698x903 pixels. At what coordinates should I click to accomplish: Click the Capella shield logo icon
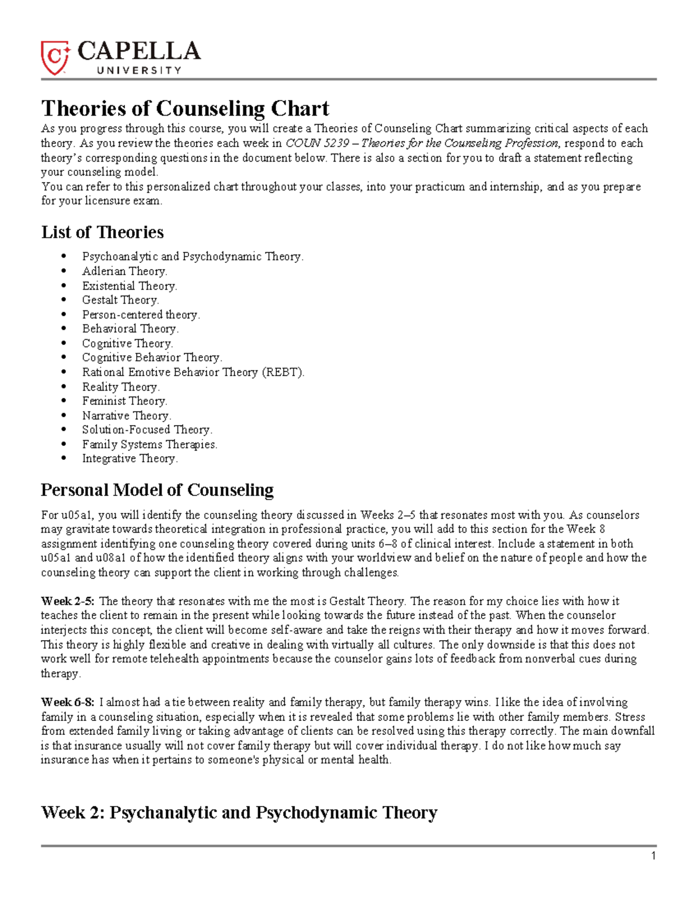click(55, 58)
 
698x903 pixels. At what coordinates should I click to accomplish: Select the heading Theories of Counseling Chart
click(185, 108)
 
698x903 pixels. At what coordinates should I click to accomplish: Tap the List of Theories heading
click(102, 232)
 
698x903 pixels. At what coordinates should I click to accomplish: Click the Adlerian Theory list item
click(124, 271)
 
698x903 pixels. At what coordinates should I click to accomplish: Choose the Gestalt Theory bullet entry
click(120, 300)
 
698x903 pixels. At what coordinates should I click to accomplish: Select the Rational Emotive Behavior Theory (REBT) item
click(193, 372)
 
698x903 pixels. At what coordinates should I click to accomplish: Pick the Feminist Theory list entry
click(124, 401)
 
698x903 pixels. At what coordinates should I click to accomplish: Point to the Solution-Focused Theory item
click(147, 430)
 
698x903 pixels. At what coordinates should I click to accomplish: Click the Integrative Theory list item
click(130, 458)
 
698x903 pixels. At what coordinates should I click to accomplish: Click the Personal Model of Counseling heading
click(157, 490)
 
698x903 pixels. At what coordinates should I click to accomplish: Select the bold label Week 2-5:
click(67, 601)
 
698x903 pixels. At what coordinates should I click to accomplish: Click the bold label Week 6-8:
click(67, 702)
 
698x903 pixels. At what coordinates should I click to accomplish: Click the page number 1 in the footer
click(653, 856)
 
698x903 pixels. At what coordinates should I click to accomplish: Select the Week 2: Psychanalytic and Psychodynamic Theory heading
click(239, 812)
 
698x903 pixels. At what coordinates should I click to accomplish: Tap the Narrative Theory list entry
click(126, 416)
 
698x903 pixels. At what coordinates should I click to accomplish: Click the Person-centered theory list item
click(141, 315)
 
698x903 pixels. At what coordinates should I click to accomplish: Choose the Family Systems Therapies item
click(149, 444)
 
